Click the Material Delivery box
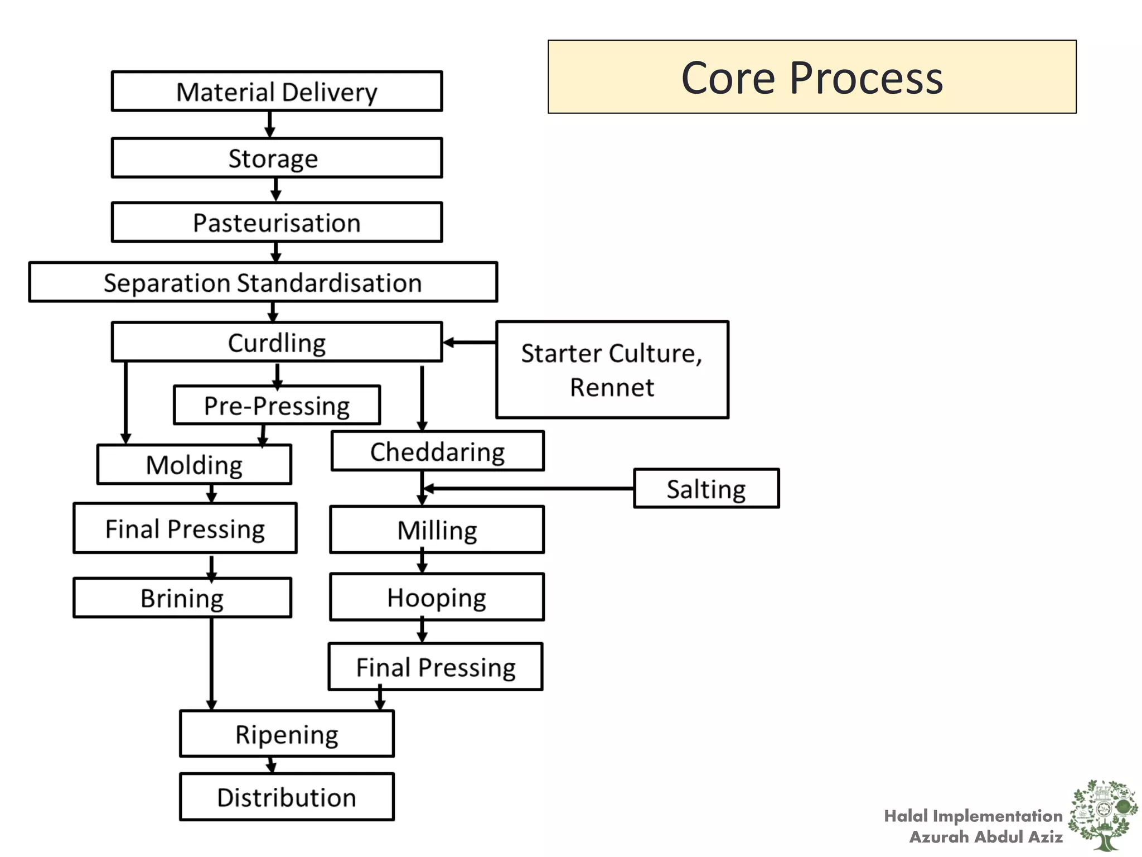pos(277,92)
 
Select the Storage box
pos(277,158)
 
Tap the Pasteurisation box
pos(277,223)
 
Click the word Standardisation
pos(330,283)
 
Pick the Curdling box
pos(277,342)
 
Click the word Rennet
pos(612,387)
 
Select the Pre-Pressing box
pos(277,406)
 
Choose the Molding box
pos(194,465)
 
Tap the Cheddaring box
pos(437,451)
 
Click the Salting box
pos(706,489)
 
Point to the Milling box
pos(437,530)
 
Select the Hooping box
pos(437,597)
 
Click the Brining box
pos(182,598)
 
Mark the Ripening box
pos(287,734)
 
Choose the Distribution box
pos(287,797)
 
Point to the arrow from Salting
pos(530,489)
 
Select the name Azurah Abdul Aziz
pos(985,837)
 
